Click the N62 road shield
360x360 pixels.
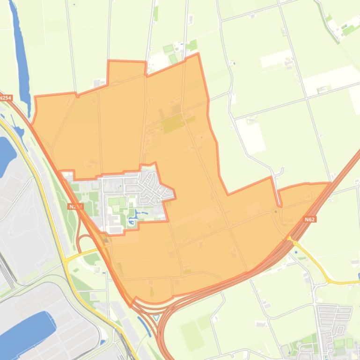click(x=309, y=219)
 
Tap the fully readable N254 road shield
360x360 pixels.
click(x=5, y=98)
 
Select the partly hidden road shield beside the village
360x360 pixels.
click(x=75, y=206)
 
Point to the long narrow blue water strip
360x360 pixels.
click(x=19, y=47)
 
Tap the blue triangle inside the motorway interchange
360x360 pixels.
click(x=156, y=317)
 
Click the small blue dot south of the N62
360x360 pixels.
click(x=296, y=252)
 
